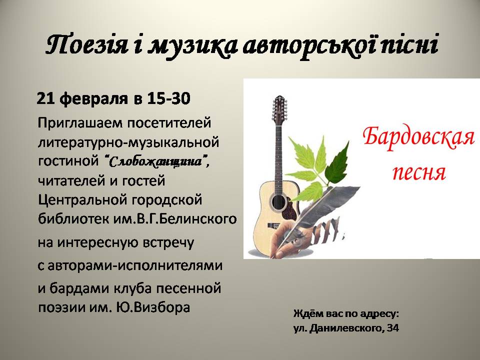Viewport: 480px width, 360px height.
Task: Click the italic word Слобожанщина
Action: (155, 161)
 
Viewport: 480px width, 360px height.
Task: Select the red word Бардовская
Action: (419, 137)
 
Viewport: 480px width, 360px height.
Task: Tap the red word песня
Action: (419, 172)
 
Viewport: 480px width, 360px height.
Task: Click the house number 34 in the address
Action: (393, 328)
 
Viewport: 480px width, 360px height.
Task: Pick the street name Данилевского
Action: (346, 328)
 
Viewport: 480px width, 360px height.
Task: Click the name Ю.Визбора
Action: (153, 307)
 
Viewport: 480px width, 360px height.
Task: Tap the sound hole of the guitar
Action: (278, 202)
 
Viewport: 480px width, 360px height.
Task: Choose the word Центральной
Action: (82, 200)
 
